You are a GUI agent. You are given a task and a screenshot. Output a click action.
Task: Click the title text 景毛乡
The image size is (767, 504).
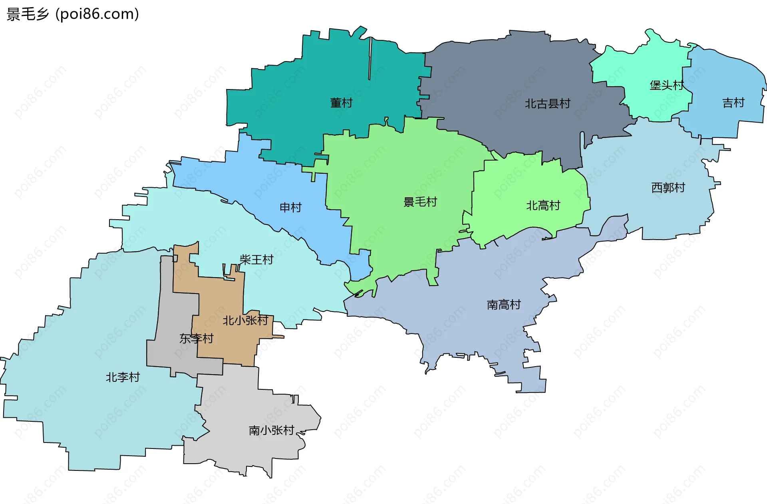pyautogui.click(x=28, y=14)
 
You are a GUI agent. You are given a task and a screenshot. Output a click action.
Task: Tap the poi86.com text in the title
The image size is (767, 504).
pyautogui.click(x=97, y=14)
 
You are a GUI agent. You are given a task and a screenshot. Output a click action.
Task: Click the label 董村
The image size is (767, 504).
pyautogui.click(x=341, y=103)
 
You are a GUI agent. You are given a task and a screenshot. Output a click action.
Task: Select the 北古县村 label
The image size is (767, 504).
pyautogui.click(x=547, y=104)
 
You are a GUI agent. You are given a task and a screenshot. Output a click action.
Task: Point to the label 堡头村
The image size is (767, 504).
pyautogui.click(x=666, y=85)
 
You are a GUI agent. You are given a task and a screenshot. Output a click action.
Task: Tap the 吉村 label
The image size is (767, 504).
pyautogui.click(x=733, y=103)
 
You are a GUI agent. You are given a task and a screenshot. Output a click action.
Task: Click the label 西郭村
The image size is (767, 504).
pyautogui.click(x=668, y=187)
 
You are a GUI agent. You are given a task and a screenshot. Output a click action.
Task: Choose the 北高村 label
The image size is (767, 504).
pyautogui.click(x=543, y=205)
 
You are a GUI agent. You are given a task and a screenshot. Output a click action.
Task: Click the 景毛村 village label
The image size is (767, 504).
pyautogui.click(x=420, y=202)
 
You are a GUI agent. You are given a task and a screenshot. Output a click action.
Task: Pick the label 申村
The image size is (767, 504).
pyautogui.click(x=290, y=207)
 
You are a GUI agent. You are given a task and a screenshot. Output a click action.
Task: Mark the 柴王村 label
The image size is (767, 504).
pyautogui.click(x=256, y=260)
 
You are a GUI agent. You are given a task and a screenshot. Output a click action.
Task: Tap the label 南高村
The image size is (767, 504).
pyautogui.click(x=503, y=305)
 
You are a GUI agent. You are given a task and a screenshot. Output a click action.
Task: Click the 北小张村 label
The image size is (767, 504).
pyautogui.click(x=245, y=320)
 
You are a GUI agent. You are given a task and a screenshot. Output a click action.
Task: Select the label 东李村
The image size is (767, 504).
pyautogui.click(x=196, y=339)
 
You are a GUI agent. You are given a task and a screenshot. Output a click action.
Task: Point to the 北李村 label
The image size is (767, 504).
pyautogui.click(x=123, y=377)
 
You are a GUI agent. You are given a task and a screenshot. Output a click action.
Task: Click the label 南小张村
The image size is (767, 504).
pyautogui.click(x=271, y=430)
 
